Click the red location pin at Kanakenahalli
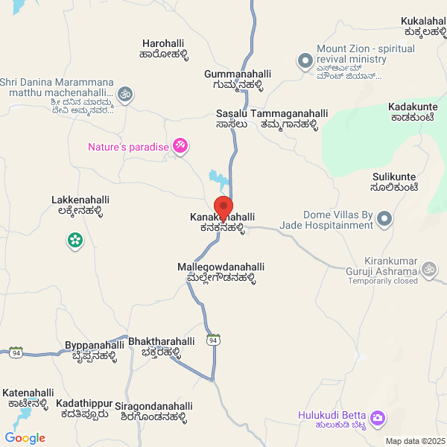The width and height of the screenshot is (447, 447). point(223,207)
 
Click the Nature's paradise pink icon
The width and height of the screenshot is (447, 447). point(180,147)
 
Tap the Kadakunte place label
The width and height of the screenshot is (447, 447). point(413,112)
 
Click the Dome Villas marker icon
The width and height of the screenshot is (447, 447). point(384,218)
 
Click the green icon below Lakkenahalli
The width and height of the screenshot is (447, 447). point(75,241)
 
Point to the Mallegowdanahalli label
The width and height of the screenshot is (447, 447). point(221,272)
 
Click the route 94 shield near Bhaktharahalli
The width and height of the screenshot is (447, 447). point(214,340)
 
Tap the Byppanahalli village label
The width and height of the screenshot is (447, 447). point(95,350)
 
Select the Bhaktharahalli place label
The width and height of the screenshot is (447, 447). point(162,346)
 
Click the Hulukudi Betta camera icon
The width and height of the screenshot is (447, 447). point(378,419)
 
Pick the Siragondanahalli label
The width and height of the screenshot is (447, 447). point(154,411)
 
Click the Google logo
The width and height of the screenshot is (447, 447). point(25,438)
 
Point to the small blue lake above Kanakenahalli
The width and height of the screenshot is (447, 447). point(218,178)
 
